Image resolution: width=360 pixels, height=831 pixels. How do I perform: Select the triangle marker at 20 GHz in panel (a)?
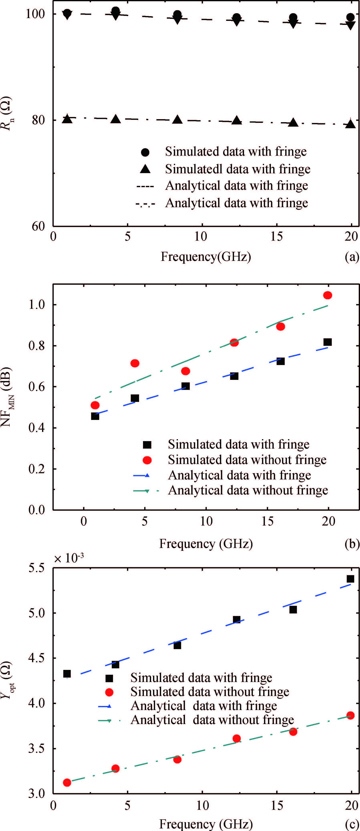pos(350,124)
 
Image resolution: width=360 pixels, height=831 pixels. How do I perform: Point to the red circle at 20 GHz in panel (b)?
pos(327,295)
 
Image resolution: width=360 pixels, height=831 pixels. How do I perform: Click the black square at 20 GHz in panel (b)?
pos(327,342)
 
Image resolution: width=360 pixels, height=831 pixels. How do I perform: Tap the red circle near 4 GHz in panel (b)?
pos(135,363)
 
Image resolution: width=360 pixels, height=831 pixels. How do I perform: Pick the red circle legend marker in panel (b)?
pos(147,460)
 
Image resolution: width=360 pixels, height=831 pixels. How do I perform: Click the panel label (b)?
pos(352,544)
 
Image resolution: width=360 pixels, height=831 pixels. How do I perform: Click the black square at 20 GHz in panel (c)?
pos(350,579)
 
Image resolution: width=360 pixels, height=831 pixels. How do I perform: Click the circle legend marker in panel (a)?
pos(145,152)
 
